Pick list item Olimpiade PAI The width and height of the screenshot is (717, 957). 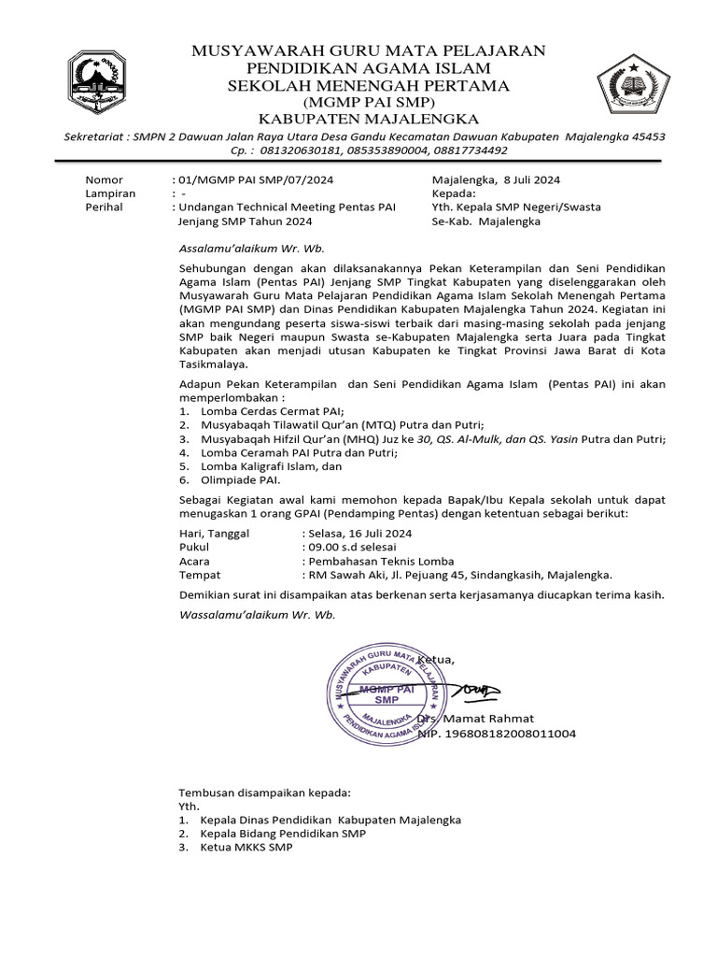240,479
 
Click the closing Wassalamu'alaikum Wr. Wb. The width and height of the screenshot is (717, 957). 256,615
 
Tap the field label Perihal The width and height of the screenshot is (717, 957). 104,207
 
